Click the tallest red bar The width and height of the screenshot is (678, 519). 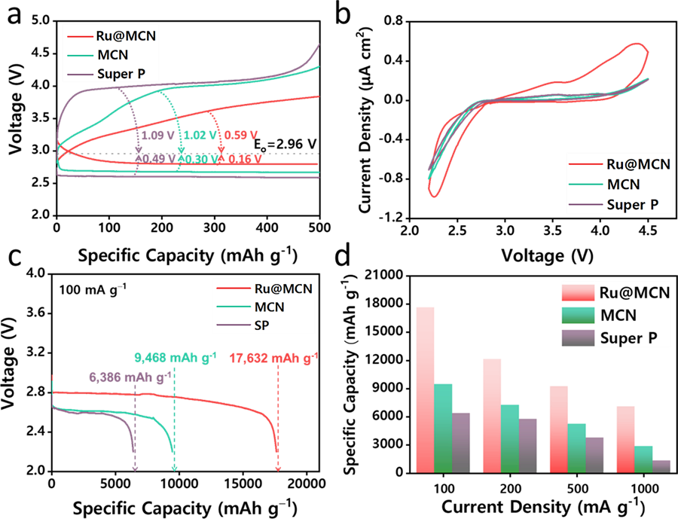pyautogui.click(x=425, y=389)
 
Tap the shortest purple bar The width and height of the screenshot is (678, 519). pyautogui.click(x=661, y=466)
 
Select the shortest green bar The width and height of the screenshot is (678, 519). pyautogui.click(x=643, y=459)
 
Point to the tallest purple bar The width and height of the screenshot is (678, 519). pyautogui.click(x=461, y=442)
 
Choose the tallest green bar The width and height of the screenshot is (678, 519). pyautogui.click(x=443, y=428)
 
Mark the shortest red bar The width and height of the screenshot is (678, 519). pyautogui.click(x=625, y=439)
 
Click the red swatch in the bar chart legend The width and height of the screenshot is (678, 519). pyautogui.click(x=578, y=292)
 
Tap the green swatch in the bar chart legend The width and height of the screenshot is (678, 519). pyautogui.click(x=578, y=315)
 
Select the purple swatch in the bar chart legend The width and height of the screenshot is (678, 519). pyautogui.click(x=578, y=337)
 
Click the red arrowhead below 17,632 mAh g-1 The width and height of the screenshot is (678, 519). pyautogui.click(x=278, y=469)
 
